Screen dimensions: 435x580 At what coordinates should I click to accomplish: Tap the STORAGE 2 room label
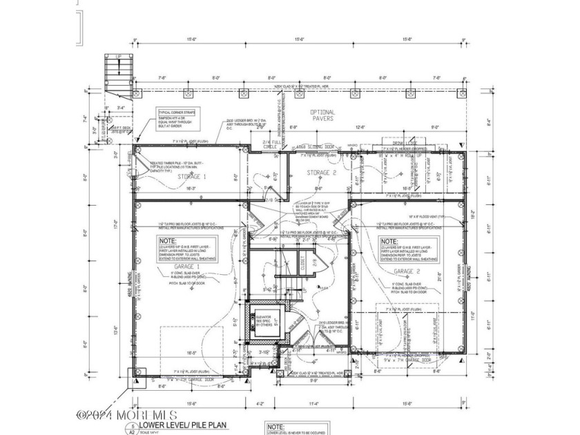(321, 173)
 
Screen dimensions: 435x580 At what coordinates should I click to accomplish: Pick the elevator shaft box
(263, 322)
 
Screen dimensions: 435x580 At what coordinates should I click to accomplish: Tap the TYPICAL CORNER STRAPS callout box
(177, 115)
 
